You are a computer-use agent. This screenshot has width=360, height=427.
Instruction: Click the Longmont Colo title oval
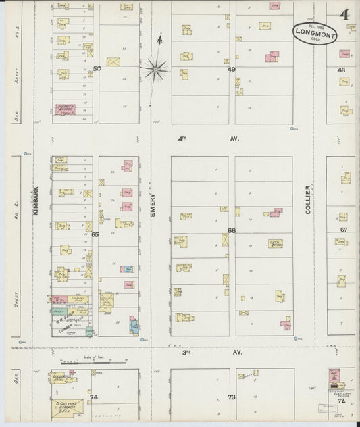coord(315,32)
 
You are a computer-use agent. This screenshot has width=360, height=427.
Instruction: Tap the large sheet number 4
coord(344,14)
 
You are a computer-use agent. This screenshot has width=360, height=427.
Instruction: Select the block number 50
coord(97,68)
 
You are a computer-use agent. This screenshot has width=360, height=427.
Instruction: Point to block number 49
coord(232,69)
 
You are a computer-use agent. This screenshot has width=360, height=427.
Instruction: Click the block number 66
coord(232,230)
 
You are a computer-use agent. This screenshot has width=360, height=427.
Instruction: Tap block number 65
coord(95,234)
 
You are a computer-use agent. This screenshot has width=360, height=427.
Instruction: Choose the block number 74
coord(94,397)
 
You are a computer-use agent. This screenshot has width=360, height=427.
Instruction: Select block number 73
coord(231,397)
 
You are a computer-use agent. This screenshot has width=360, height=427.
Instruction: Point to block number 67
coord(343,230)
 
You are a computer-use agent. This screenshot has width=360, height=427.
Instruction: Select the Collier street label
coord(308,200)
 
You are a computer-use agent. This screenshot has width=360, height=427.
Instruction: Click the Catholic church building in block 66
coord(275,243)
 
